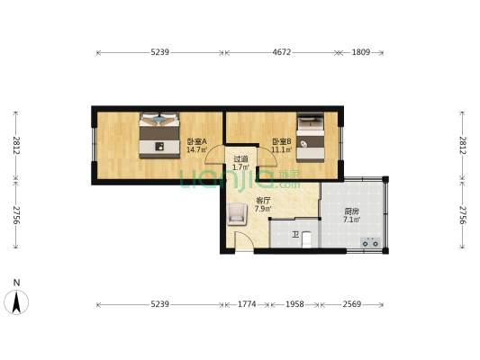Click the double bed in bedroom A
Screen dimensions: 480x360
(159, 136)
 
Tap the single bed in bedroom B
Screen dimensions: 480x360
(311, 138)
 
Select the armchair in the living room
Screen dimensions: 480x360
(237, 214)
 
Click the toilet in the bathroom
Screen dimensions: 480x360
(306, 239)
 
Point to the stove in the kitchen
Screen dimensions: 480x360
(370, 242)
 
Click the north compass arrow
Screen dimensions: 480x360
(16, 302)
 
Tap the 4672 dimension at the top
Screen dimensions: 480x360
(281, 52)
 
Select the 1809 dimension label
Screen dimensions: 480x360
(361, 52)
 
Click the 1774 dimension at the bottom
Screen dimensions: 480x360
(247, 304)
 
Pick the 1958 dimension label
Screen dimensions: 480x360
(294, 304)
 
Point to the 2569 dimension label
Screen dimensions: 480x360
(352, 304)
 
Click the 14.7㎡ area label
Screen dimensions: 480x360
(197, 150)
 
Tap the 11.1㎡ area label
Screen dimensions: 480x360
(282, 150)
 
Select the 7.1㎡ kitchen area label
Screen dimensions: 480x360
(352, 220)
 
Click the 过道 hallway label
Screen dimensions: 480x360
(240, 159)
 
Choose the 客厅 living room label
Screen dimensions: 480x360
(263, 201)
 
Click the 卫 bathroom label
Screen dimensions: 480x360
(295, 235)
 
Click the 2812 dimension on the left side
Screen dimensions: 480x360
(16, 145)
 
